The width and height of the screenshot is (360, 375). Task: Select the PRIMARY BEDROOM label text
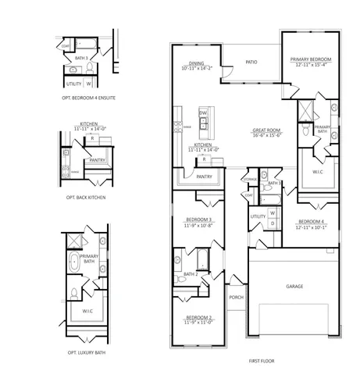coord(311,59)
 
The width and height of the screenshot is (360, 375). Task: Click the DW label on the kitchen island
coord(202,113)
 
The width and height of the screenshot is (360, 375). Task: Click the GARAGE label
coord(294,286)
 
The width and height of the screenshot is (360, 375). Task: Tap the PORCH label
coord(235,297)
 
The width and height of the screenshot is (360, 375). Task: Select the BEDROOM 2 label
coord(199,317)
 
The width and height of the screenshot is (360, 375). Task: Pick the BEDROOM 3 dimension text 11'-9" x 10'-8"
coord(199,224)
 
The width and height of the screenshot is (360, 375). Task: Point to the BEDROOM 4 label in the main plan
coord(311,222)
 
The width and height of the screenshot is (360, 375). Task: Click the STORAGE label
coord(250,179)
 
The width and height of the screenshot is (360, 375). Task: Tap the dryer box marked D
coord(272,223)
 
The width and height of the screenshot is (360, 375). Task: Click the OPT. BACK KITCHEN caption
coord(87,198)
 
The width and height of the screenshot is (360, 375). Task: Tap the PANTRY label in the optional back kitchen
coord(98,160)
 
